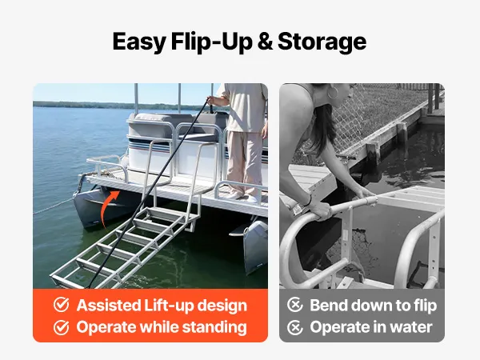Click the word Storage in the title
[322, 42]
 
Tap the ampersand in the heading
[265, 42]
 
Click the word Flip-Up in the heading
[211, 42]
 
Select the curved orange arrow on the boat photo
[110, 207]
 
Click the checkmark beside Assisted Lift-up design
[62, 305]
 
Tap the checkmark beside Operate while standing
[62, 327]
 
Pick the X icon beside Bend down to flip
[294, 305]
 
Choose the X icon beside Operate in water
[294, 327]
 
